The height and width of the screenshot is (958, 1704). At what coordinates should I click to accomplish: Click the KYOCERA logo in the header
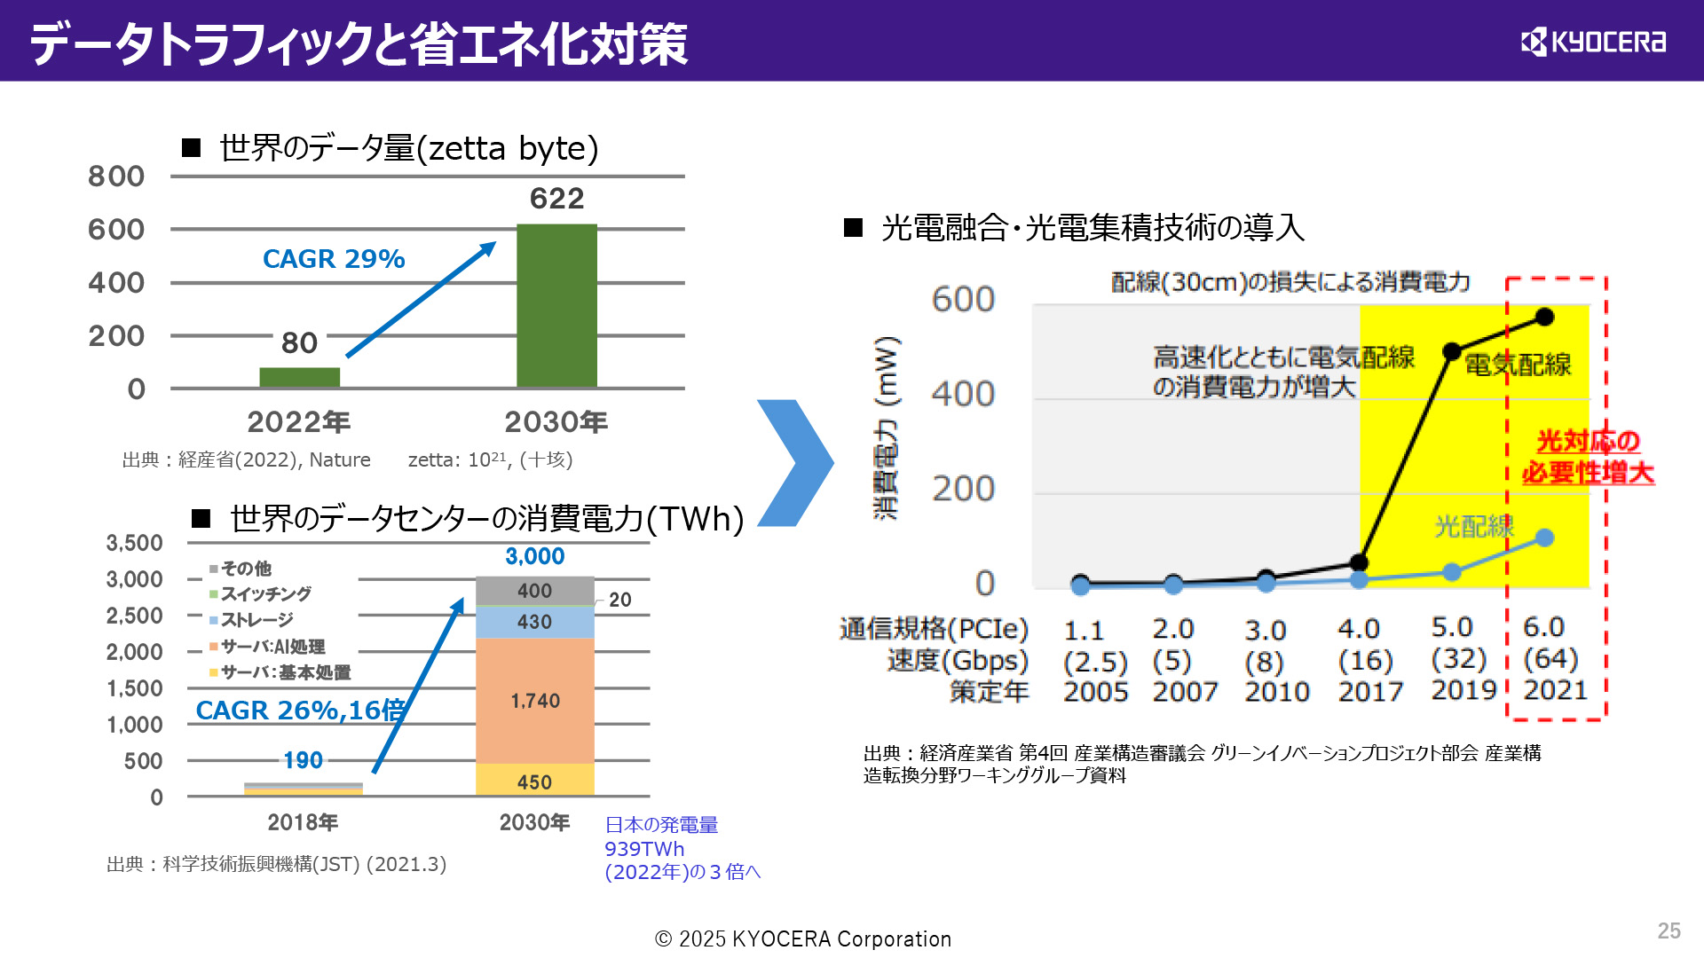[1593, 42]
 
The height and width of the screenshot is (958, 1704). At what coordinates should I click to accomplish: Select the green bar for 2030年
[556, 305]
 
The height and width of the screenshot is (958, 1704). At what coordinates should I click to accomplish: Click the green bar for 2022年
[299, 377]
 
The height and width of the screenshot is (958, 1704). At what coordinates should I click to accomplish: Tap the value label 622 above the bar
[556, 199]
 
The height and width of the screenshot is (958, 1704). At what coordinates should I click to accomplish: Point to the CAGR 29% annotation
[334, 259]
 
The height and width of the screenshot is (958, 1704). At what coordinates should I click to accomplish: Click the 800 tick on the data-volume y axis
[116, 177]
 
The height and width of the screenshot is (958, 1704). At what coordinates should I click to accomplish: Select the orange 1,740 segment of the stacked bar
[535, 701]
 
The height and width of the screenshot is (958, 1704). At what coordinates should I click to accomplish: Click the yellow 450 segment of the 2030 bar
[535, 781]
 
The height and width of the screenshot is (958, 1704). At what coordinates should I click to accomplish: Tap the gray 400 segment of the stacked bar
[535, 591]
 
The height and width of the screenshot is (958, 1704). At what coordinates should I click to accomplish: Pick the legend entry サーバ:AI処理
[272, 647]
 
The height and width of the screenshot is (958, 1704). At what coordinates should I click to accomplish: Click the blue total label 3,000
[535, 556]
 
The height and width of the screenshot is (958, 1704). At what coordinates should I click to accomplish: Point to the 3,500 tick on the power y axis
[134, 543]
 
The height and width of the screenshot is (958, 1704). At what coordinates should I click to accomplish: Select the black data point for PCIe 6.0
[1544, 317]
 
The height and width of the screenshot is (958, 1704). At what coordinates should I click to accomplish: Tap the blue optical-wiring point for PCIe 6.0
[1544, 538]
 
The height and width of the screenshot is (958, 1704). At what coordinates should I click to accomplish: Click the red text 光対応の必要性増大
[1588, 457]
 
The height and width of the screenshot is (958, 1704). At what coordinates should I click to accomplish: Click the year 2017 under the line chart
[1370, 692]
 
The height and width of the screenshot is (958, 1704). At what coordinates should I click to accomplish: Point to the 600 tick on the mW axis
[963, 300]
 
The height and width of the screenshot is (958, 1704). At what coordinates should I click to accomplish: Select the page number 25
[1668, 931]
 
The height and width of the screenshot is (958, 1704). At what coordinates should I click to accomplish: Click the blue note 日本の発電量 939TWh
[661, 837]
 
